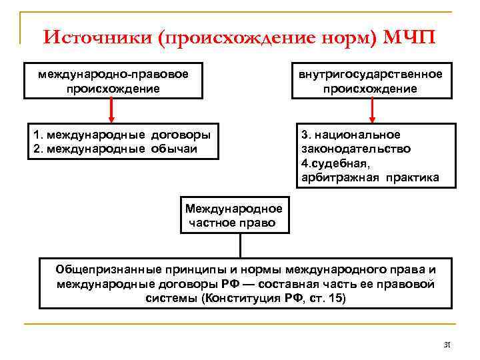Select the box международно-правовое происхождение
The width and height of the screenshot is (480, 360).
[113, 81]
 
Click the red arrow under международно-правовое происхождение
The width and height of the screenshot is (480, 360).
[112, 111]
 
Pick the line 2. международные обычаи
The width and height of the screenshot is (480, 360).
[115, 148]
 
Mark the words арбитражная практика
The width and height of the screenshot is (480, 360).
[368, 177]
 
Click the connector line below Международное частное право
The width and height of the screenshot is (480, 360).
[239, 246]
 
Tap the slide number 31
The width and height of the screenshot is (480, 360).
[447, 345]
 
